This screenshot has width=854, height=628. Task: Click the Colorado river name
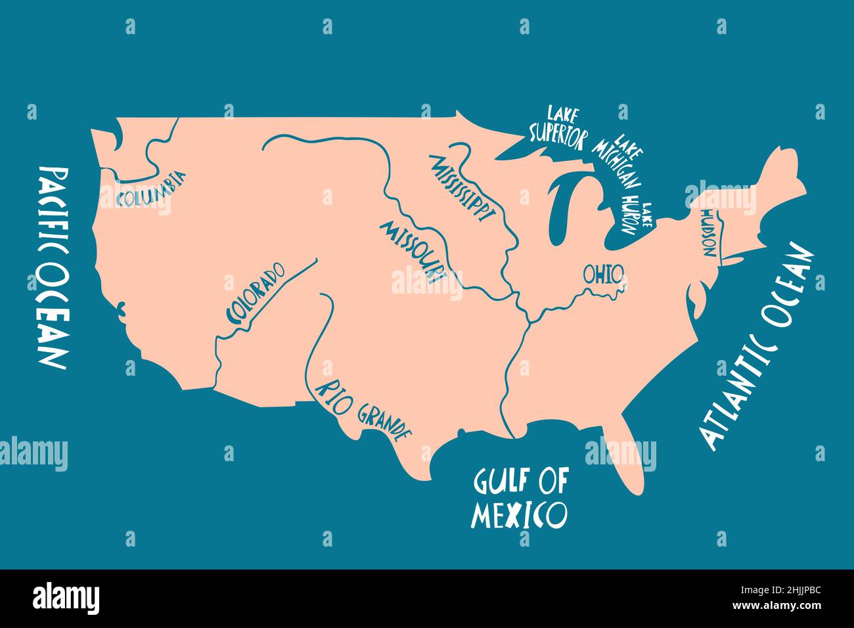[x=256, y=293]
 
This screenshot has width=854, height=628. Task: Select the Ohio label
[x=602, y=273]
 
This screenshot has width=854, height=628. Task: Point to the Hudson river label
[x=710, y=234]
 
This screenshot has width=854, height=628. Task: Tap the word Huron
[x=631, y=213]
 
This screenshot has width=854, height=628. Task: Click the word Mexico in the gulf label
[x=519, y=515]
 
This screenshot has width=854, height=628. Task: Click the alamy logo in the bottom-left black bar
[x=66, y=598]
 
